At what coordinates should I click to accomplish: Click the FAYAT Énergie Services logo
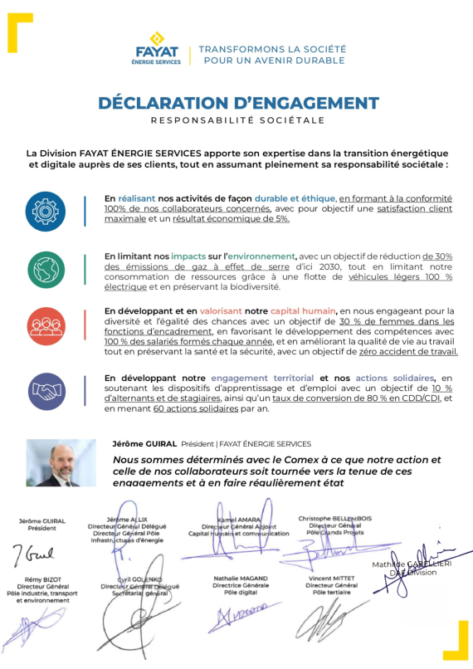point(156,49)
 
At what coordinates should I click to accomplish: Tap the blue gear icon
point(45,209)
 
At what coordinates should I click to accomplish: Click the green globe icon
point(45,269)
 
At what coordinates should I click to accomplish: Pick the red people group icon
point(45,326)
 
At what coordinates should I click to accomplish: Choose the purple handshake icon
point(45,387)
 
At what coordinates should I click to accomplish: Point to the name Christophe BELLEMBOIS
point(334,519)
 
